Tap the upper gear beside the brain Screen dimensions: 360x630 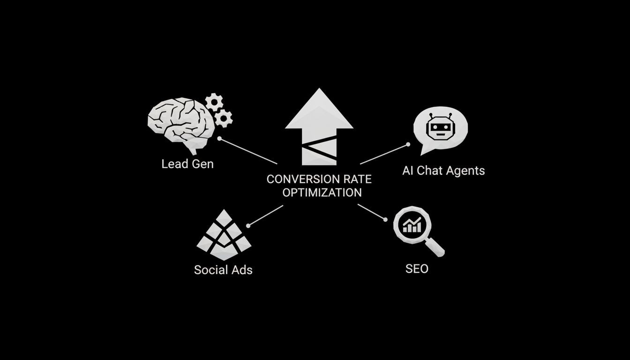(214, 102)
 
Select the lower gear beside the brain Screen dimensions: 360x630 (224, 118)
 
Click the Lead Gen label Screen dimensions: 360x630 (187, 164)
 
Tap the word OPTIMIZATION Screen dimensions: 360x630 (322, 192)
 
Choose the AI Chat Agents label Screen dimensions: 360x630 (443, 171)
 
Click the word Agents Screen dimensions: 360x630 (465, 171)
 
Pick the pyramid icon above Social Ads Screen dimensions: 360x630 (224, 236)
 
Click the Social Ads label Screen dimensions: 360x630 (223, 270)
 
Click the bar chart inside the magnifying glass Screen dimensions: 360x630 (412, 225)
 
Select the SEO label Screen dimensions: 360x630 (417, 269)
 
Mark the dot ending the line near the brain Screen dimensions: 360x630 (219, 139)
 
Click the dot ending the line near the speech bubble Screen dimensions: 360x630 (408, 144)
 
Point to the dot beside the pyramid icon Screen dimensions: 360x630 (248, 225)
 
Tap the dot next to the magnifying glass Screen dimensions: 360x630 (386, 219)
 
